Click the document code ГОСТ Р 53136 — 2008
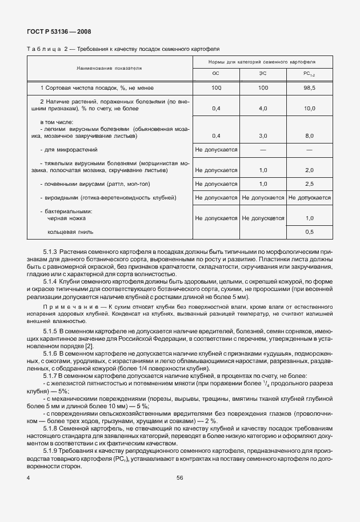pyautogui.click(x=58, y=32)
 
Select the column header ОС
pyautogui.click(x=215, y=74)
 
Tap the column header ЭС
pyautogui.click(x=263, y=74)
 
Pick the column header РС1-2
pyautogui.click(x=309, y=74)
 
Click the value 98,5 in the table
pyautogui.click(x=309, y=88)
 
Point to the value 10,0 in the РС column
pyautogui.click(x=309, y=107)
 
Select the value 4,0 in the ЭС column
pyautogui.click(x=263, y=107)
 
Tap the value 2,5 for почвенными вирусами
pyautogui.click(x=309, y=184)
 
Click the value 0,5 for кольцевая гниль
pyautogui.click(x=309, y=232)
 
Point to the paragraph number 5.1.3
pyautogui.click(x=50, y=252)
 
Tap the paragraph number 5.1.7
pyautogui.click(x=50, y=375)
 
